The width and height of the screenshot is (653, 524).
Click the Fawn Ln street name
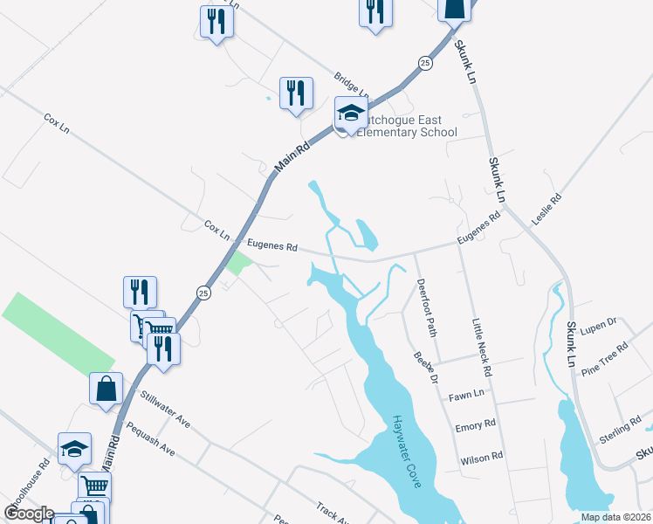(x=465, y=396)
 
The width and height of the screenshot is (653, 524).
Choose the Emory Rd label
(x=475, y=426)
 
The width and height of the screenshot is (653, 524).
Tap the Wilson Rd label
(x=481, y=457)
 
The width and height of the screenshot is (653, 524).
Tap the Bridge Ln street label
(x=352, y=86)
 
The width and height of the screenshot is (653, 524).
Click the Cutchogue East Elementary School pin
(x=350, y=114)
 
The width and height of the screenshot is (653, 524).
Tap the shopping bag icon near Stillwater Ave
(x=106, y=388)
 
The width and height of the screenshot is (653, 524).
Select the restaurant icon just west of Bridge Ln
(x=296, y=93)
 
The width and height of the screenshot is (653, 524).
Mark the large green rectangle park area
(x=58, y=333)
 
